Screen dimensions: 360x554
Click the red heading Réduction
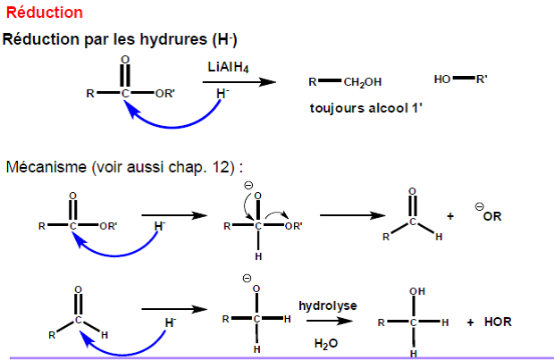coord(45,13)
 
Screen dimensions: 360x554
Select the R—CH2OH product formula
coord(346,82)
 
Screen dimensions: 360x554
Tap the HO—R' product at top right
coord(460,80)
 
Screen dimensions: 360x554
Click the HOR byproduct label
coord(499,322)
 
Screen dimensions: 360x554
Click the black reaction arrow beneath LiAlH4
coord(239,82)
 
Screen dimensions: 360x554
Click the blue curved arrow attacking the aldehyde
coord(125,343)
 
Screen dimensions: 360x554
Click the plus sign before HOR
coord(470,322)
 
